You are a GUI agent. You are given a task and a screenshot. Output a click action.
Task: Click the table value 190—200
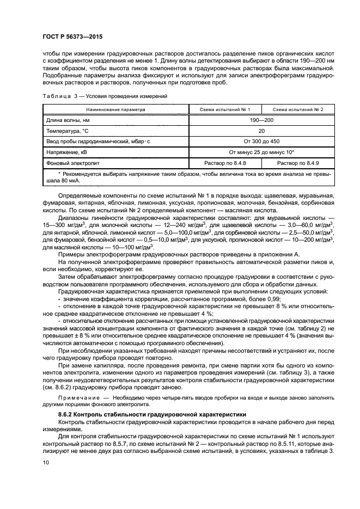(x=262, y=120)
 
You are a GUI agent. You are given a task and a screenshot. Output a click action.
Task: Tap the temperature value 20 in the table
(x=262, y=131)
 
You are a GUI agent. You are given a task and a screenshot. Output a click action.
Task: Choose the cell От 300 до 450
(x=262, y=142)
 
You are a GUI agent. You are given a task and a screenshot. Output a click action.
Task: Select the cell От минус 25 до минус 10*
(x=262, y=152)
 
